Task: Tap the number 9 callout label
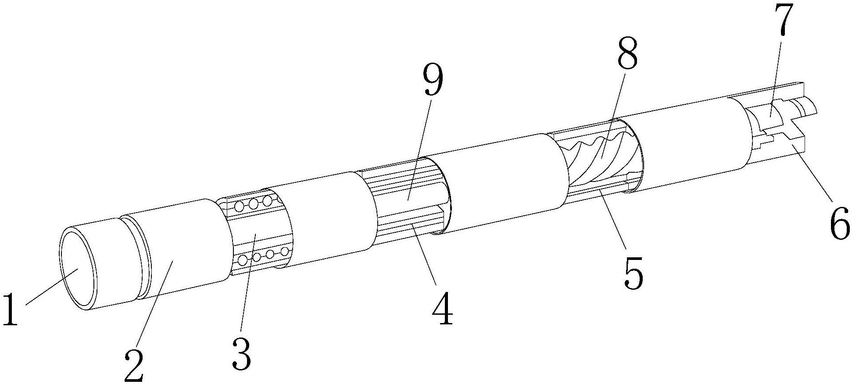coord(432,82)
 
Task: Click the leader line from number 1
coord(51,287)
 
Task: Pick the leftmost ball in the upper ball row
coord(240,205)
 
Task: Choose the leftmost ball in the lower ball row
coord(242,261)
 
